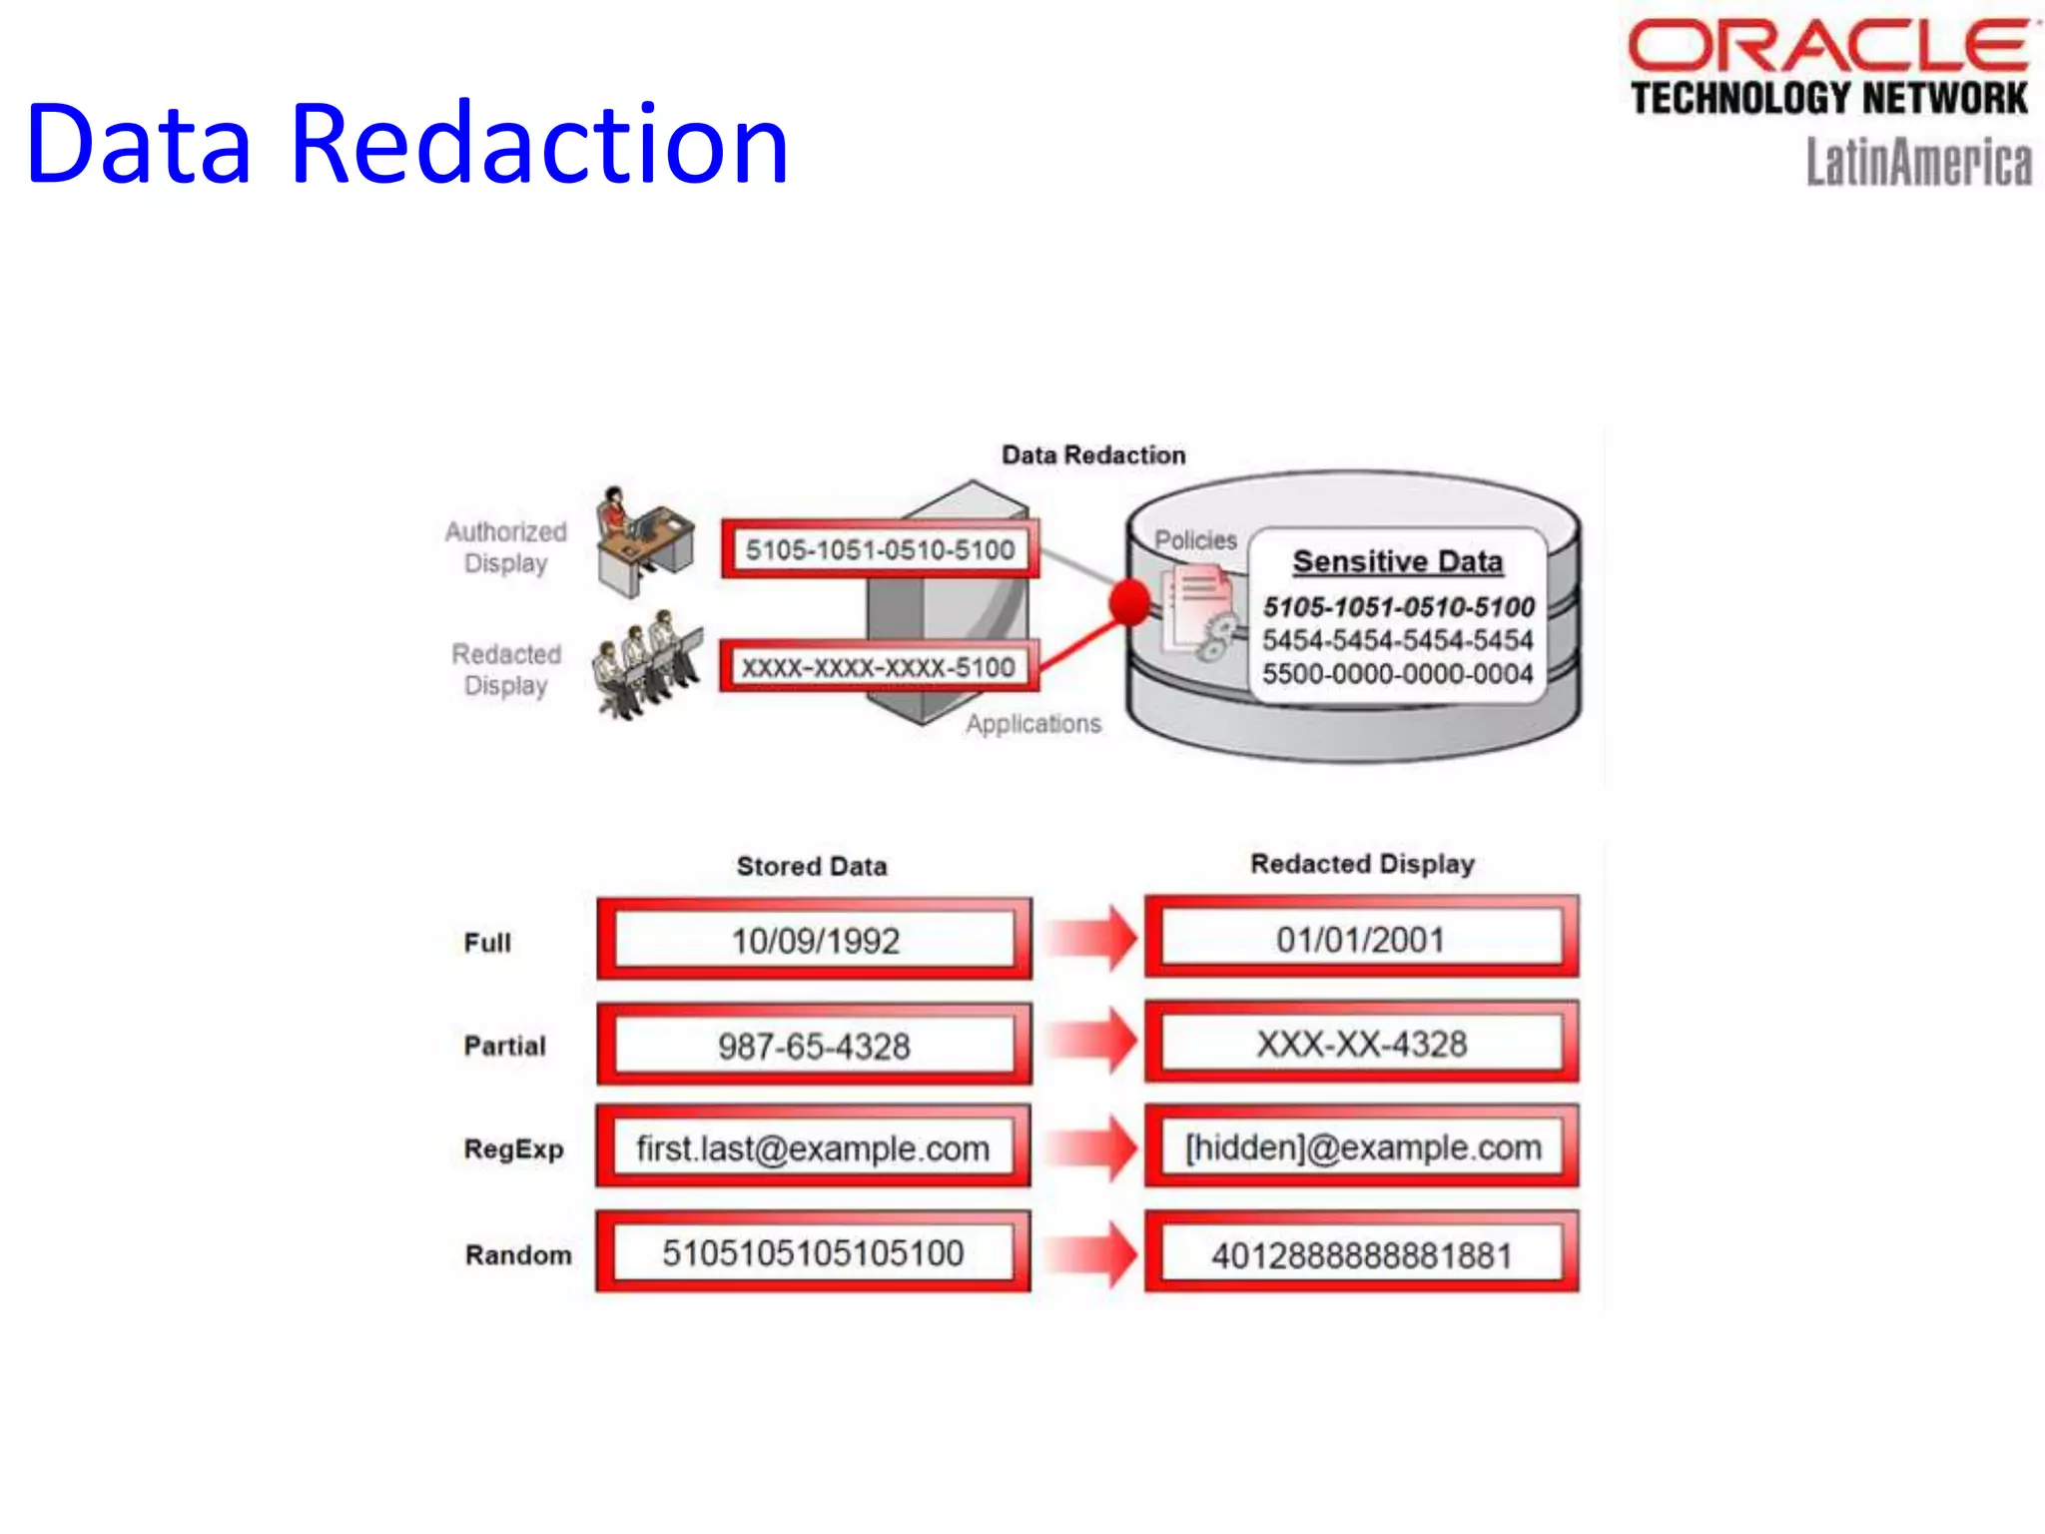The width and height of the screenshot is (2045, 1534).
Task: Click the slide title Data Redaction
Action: point(407,145)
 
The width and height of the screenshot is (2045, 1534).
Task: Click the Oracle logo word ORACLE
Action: point(1827,45)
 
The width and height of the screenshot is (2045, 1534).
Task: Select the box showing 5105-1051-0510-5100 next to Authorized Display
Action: point(880,549)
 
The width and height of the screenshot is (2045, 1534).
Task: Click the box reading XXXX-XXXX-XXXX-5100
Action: point(878,667)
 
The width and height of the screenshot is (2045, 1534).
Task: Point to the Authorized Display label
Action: point(506,546)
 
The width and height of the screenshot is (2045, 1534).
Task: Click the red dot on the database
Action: point(1129,602)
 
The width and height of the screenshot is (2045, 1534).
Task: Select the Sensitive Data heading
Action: point(1397,561)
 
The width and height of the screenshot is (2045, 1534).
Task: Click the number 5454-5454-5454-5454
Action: point(1397,640)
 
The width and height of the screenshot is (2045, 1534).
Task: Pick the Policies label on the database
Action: point(1195,540)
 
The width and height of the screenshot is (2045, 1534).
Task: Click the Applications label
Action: point(1033,723)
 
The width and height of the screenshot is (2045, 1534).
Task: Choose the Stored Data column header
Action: point(812,866)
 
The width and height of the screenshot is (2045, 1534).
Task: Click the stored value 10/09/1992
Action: point(815,940)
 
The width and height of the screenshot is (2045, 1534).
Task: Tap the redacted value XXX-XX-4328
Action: point(1362,1045)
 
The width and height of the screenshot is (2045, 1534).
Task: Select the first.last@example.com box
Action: point(813,1149)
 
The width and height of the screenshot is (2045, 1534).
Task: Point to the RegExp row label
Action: point(513,1149)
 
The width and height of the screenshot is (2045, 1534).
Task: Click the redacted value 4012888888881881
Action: point(1362,1255)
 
